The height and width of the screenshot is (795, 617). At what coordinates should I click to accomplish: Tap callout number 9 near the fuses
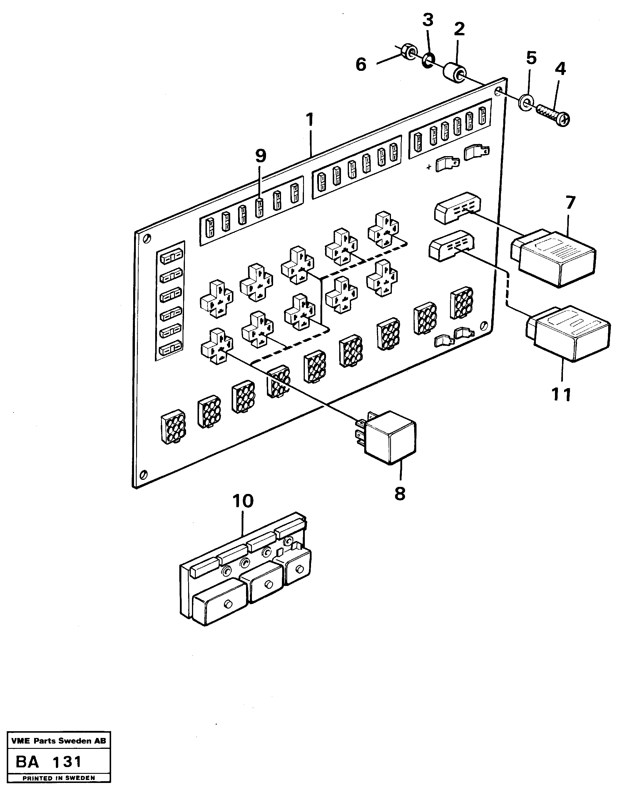point(261,156)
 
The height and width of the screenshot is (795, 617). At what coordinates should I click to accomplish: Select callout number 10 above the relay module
point(243,501)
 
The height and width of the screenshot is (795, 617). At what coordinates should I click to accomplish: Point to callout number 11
point(561,395)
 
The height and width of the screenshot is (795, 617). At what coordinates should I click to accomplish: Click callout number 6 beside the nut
point(361,65)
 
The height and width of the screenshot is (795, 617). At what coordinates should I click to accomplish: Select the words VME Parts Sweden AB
point(58,741)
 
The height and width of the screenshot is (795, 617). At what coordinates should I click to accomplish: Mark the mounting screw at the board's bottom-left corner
point(144,474)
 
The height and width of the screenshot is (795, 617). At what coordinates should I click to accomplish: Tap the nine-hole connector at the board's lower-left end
point(173,426)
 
